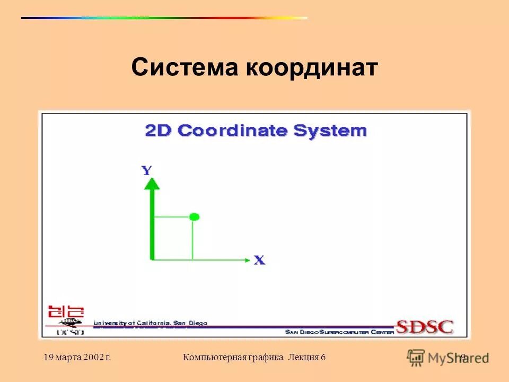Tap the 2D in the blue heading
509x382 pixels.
coord(158,131)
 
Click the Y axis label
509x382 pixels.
coord(147,170)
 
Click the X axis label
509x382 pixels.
coord(259,261)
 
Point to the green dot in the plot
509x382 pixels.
coord(194,216)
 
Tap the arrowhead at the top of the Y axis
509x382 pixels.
coord(152,184)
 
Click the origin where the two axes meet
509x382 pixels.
coord(152,259)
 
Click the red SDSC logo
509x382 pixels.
coord(424,326)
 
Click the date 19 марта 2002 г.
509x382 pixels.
coord(77,358)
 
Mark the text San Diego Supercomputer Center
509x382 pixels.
coord(339,332)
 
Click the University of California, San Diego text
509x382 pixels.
coord(151,323)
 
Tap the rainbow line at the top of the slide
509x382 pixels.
coord(164,18)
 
